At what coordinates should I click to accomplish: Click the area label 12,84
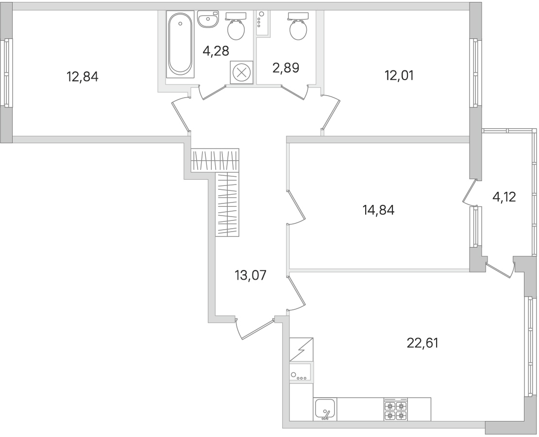[83, 76]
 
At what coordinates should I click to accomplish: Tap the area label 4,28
[216, 50]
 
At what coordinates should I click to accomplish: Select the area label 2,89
[286, 67]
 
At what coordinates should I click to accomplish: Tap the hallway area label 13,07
[251, 275]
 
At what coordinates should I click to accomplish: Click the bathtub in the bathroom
[180, 44]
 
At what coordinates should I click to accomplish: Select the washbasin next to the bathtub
[208, 20]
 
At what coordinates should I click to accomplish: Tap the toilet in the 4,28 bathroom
[236, 28]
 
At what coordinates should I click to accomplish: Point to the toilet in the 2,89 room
[298, 28]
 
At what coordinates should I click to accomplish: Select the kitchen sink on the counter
[324, 408]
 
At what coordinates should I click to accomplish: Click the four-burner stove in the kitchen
[395, 410]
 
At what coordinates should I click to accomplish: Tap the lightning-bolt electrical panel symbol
[301, 350]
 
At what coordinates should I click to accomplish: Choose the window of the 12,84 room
[7, 73]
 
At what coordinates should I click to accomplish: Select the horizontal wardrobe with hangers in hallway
[215, 160]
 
